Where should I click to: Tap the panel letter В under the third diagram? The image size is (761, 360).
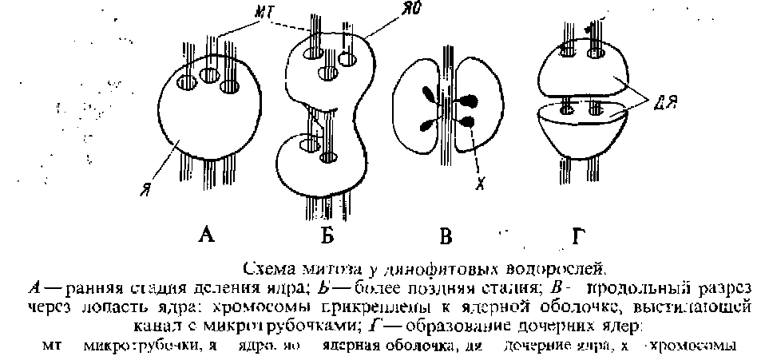point(446,235)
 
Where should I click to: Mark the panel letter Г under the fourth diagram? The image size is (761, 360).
point(579,235)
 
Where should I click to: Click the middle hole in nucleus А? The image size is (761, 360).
point(209,77)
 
